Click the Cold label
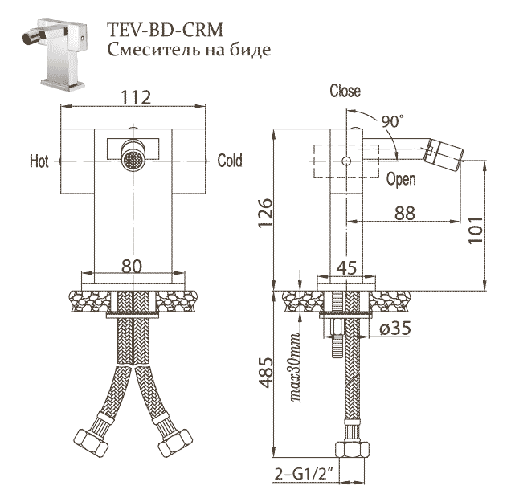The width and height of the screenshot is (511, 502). pyautogui.click(x=230, y=161)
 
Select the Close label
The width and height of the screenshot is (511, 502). pyautogui.click(x=345, y=92)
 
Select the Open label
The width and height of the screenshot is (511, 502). pyautogui.click(x=401, y=180)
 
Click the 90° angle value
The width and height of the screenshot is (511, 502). pyautogui.click(x=392, y=121)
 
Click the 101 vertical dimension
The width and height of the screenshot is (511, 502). pyautogui.click(x=475, y=232)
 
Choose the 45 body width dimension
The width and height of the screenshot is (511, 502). pyautogui.click(x=346, y=268)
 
